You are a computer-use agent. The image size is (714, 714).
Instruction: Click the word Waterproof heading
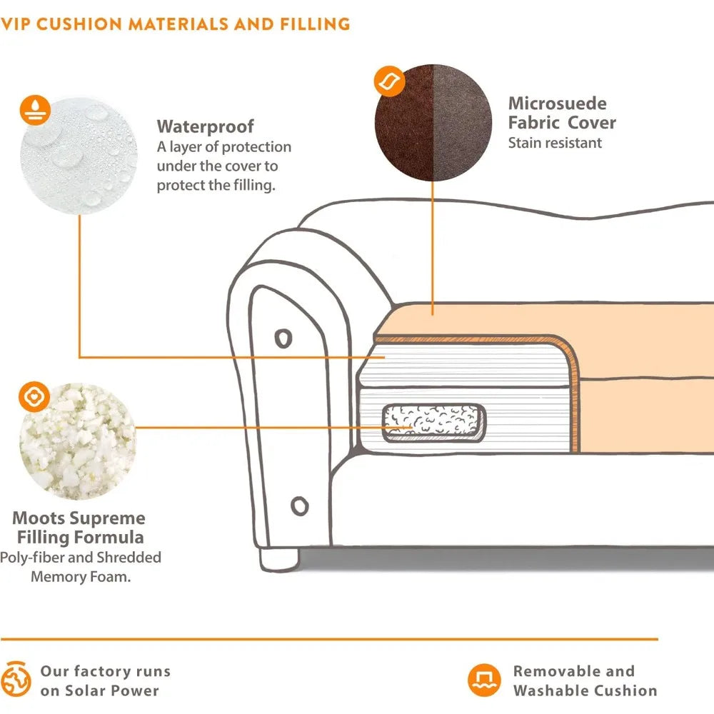(205, 126)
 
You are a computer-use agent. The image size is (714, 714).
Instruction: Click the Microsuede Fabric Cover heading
(561, 113)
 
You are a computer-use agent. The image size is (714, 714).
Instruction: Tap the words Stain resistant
(555, 142)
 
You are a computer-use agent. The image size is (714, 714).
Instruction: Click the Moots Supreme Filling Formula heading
(79, 528)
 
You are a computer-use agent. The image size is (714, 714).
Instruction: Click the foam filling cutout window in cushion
(433, 423)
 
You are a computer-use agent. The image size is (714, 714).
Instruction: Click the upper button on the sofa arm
(283, 337)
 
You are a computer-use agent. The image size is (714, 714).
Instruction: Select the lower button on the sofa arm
(299, 506)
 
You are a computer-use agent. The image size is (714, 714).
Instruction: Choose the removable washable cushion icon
(483, 680)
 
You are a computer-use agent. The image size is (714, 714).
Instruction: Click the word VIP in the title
(15, 24)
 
